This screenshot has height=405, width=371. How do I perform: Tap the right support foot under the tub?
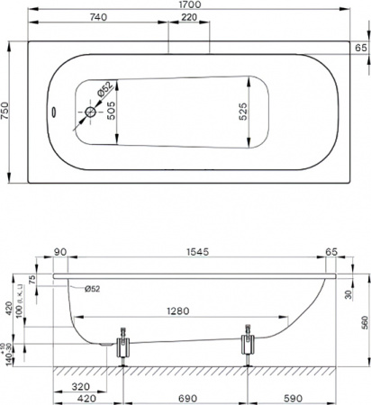[247, 345]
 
